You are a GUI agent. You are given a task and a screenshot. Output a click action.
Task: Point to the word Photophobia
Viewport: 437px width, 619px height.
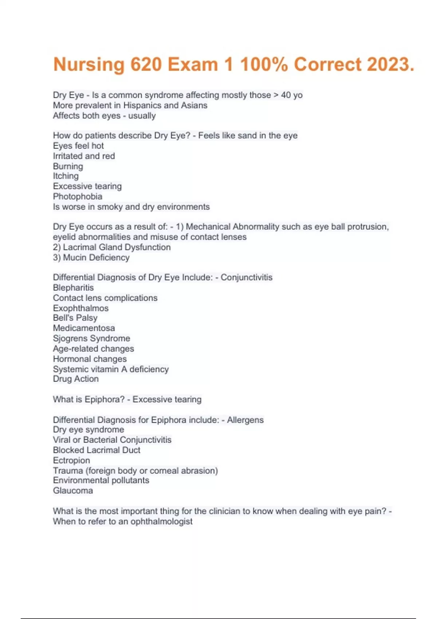pos(78,197)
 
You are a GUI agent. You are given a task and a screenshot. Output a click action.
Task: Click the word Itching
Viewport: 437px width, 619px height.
pos(66,176)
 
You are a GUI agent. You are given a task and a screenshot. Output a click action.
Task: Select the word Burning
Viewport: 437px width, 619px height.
pos(68,166)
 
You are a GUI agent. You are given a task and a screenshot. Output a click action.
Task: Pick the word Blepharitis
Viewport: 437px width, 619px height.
pos(73,288)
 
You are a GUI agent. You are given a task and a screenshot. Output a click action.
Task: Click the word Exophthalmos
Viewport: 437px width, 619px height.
pos(80,308)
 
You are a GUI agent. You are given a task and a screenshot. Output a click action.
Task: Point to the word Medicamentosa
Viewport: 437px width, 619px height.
pos(84,328)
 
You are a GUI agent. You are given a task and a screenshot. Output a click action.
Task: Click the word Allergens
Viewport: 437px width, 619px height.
pos(245,420)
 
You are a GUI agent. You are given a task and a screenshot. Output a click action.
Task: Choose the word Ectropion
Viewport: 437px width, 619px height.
pos(71,460)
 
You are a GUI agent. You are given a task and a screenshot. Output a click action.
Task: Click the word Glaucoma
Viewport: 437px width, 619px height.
pos(73,490)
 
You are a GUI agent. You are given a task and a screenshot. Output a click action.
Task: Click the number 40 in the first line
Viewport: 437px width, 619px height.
pos(286,95)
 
